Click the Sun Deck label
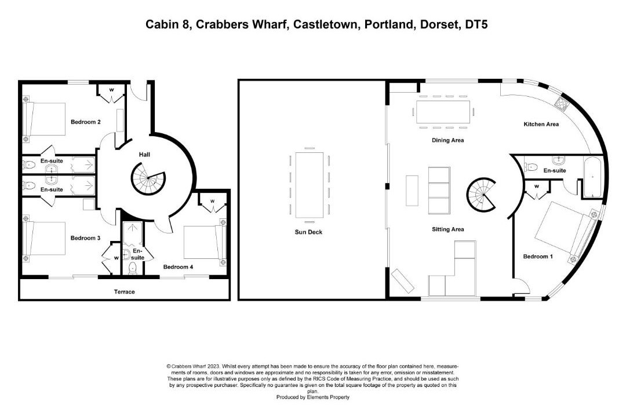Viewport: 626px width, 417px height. pos(308,232)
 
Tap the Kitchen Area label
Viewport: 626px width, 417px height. pos(541,124)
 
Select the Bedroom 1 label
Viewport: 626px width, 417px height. pos(538,256)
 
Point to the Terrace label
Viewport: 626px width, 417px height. pos(124,292)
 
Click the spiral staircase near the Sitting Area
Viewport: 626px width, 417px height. pos(482,195)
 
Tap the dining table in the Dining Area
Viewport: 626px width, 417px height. pos(443,112)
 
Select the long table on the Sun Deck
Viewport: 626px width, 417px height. pos(310,185)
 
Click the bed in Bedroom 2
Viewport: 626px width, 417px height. pos(45,119)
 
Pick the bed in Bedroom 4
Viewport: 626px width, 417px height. pos(205,242)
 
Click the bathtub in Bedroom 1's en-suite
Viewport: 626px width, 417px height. pos(593,177)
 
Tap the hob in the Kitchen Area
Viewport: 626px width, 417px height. pos(561,103)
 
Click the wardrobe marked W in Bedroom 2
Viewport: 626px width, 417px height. pos(111,93)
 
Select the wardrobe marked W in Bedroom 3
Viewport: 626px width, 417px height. pos(111,258)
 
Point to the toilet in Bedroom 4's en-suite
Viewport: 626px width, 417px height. pos(133,269)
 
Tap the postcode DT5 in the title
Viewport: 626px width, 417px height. pos(476,25)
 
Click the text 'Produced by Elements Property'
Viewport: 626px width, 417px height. pos(312,397)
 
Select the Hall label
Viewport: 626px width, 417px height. pos(144,155)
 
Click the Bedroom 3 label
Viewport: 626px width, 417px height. pos(85,238)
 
